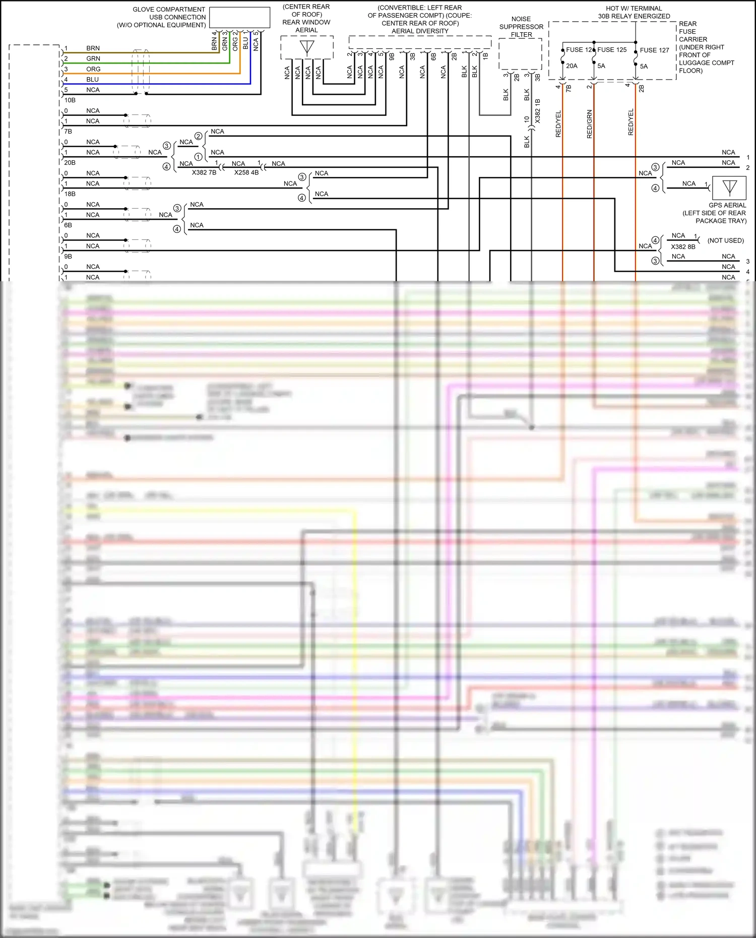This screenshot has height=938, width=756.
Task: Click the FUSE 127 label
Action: [x=654, y=50]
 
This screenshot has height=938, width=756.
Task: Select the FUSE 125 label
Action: [x=612, y=49]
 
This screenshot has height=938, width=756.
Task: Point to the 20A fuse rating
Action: [x=572, y=66]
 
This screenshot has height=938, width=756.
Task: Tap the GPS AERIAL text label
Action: [x=727, y=205]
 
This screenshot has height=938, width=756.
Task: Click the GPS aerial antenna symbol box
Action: [x=729, y=188]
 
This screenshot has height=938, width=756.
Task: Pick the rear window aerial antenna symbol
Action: [x=307, y=47]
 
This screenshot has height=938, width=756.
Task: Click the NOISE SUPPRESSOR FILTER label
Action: [x=521, y=27]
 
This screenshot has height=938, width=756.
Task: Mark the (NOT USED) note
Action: [x=725, y=240]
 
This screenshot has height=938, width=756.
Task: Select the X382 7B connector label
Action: [x=204, y=172]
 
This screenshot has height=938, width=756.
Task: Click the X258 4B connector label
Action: [x=246, y=172]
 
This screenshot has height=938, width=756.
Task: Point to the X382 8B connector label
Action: [x=683, y=246]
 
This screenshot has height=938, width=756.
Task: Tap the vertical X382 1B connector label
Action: [x=538, y=111]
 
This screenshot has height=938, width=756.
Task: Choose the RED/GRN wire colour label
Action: [x=590, y=124]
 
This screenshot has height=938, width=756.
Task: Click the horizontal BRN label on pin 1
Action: [x=93, y=48]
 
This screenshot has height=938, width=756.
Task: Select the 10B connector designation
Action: [x=70, y=100]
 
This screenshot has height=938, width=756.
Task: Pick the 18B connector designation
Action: [x=70, y=194]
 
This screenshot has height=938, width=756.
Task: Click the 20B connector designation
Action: [x=70, y=163]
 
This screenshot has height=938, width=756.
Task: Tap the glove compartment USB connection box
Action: [x=239, y=17]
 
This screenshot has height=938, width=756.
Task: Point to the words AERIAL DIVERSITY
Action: [x=420, y=31]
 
